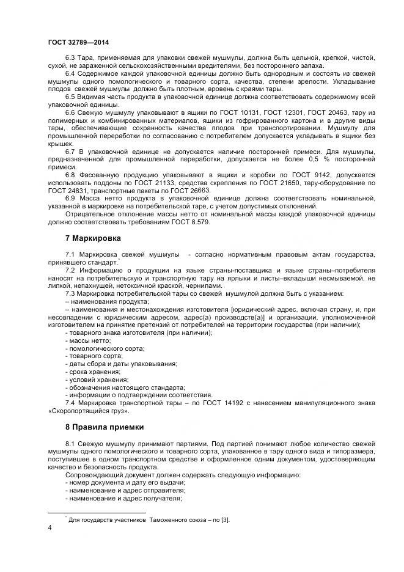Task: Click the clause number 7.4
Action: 71,403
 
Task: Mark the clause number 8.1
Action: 71,442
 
